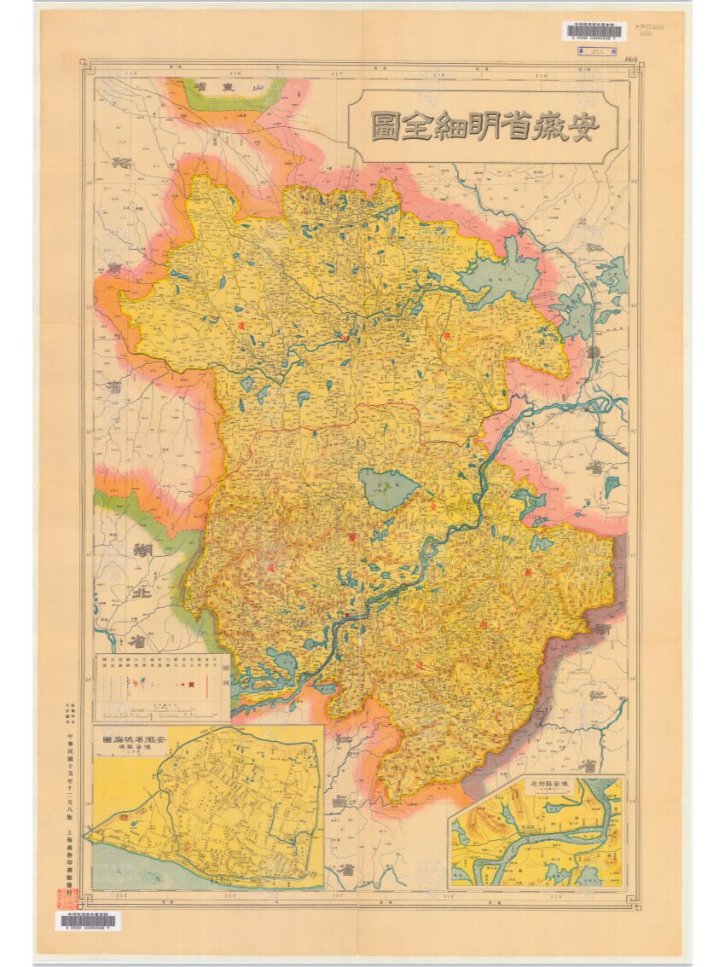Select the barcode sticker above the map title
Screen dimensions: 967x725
[594, 32]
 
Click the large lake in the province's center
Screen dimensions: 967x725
[388, 489]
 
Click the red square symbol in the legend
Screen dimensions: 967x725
[194, 682]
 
